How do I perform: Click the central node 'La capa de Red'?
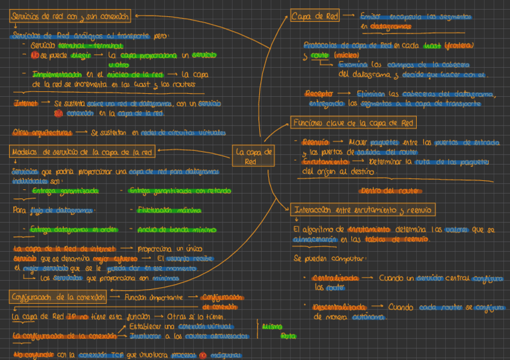point(254,156)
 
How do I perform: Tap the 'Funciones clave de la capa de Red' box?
point(353,123)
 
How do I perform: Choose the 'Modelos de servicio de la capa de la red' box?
point(83,153)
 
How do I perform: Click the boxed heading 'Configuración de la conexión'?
point(58,297)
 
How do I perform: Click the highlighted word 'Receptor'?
point(319,94)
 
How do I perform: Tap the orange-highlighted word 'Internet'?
point(26,103)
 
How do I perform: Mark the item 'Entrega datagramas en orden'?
point(64,230)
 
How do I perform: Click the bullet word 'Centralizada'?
point(334,278)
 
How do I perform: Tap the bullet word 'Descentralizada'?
point(340,307)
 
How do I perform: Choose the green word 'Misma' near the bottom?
point(271,326)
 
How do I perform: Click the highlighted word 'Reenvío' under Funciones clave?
point(315,142)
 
